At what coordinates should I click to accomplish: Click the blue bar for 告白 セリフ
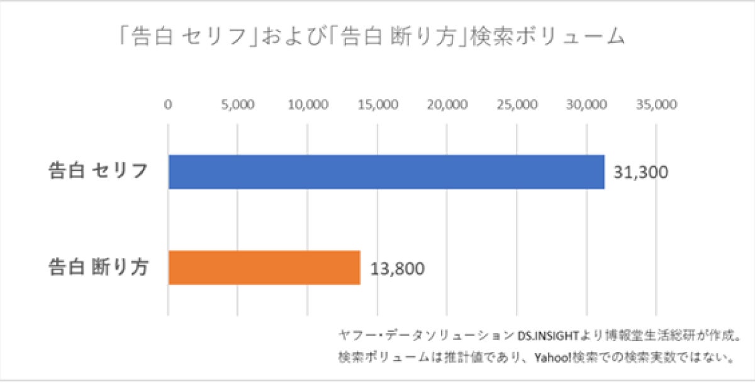(x=386, y=172)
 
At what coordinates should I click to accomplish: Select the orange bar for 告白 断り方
(x=264, y=268)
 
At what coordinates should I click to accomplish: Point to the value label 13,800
(x=396, y=268)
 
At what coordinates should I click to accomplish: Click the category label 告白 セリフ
(x=99, y=171)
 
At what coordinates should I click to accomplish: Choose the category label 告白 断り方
(x=99, y=268)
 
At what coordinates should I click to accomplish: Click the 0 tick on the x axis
(x=168, y=104)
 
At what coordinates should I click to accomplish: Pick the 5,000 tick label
(x=237, y=104)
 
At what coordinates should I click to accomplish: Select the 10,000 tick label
(x=307, y=104)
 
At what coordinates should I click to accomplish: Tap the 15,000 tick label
(x=377, y=104)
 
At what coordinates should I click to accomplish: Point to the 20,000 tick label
(x=447, y=104)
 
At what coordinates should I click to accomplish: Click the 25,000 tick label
(x=517, y=104)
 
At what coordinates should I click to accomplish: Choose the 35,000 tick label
(x=656, y=104)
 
